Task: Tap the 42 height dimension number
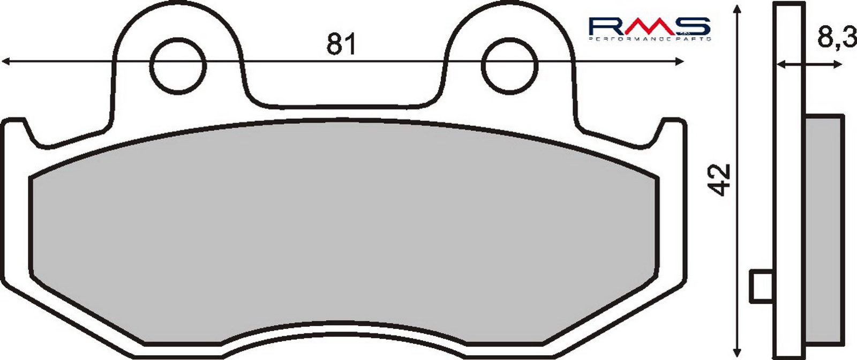720,180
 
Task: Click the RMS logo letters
649,26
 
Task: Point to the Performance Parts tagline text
649,39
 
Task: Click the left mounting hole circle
178,66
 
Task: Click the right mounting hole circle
509,66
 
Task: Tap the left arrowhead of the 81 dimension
5,61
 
